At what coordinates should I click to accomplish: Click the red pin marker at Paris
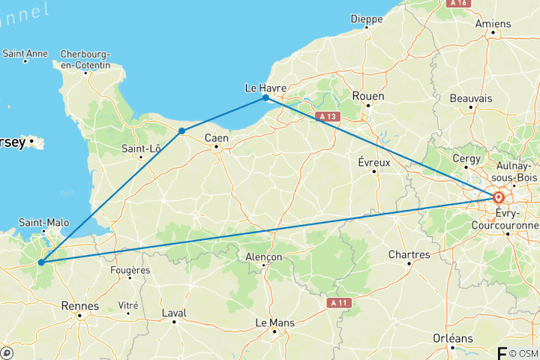point(498,198)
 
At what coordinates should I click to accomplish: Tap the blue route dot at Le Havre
point(265,98)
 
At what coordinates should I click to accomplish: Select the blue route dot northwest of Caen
point(181,130)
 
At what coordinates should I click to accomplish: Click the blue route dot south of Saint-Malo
point(41,262)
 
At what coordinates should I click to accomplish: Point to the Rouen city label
point(368,96)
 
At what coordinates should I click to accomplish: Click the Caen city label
point(217,137)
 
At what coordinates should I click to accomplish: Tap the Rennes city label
point(82,306)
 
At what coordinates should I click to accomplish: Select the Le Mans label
point(273,322)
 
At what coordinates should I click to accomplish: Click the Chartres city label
point(409,255)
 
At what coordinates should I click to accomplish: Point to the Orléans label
point(453,338)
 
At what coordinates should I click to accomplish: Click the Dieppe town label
point(367,18)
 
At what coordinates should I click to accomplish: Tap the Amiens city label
point(493,23)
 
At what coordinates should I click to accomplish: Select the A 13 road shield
point(327,116)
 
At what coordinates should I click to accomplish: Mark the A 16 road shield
point(457,3)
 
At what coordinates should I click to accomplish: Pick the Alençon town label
point(264,256)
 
